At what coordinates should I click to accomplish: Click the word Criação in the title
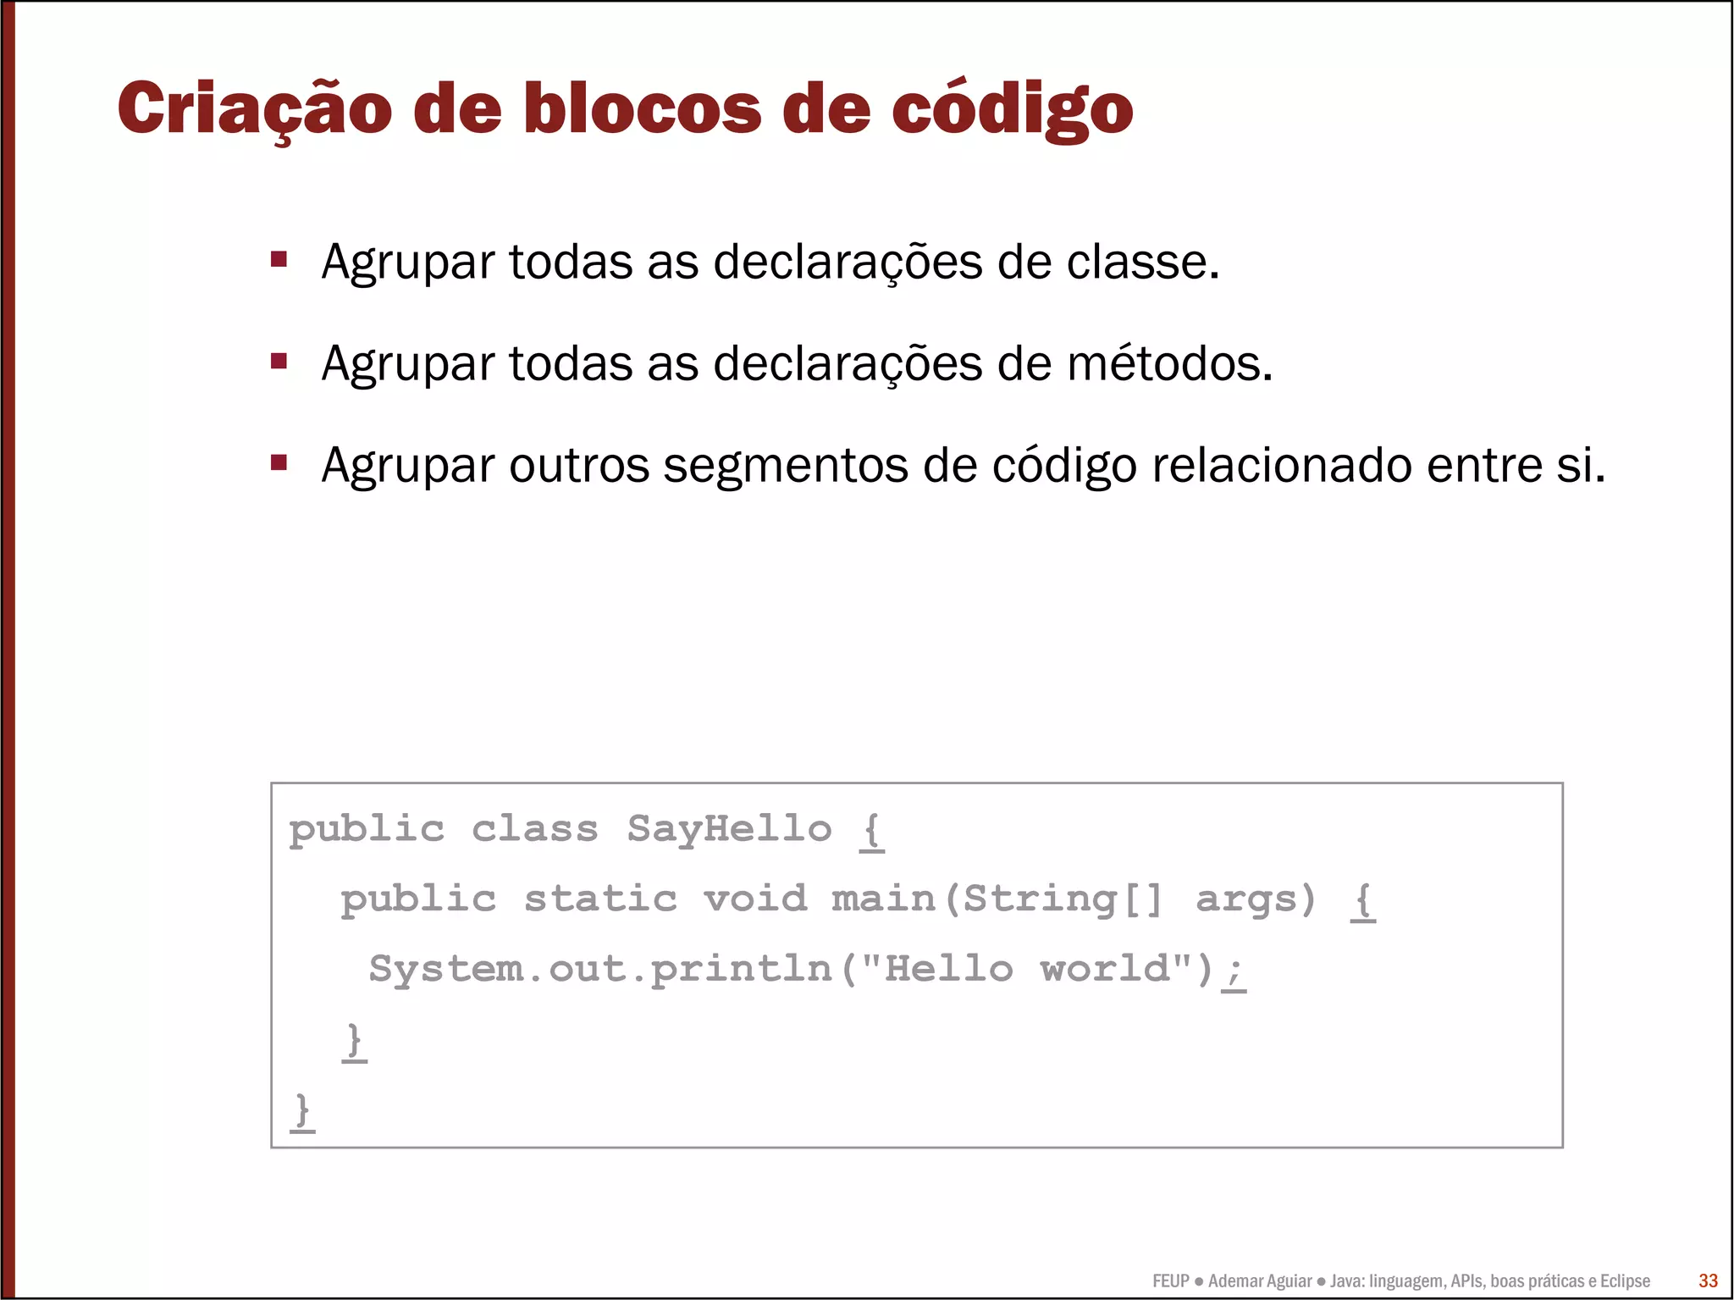tap(254, 108)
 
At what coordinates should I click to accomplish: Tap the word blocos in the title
tap(643, 108)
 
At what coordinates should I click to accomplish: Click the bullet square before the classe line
tap(279, 258)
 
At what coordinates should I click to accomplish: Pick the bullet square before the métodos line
tap(279, 361)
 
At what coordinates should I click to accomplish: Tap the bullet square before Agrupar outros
tap(279, 462)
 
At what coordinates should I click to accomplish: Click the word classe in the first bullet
tap(1142, 262)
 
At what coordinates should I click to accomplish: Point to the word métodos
tap(1169, 363)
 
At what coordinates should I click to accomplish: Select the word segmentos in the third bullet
tap(785, 465)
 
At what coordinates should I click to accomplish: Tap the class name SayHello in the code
tap(729, 829)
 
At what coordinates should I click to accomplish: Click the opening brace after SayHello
tap(872, 831)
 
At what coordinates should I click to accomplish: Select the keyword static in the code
tap(600, 899)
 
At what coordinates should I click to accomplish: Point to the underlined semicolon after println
tap(1234, 971)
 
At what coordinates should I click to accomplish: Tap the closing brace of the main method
tap(355, 1041)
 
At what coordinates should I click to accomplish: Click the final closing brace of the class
tap(302, 1110)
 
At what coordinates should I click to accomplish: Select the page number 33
tap(1708, 1281)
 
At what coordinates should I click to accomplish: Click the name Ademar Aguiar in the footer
tap(1260, 1281)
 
